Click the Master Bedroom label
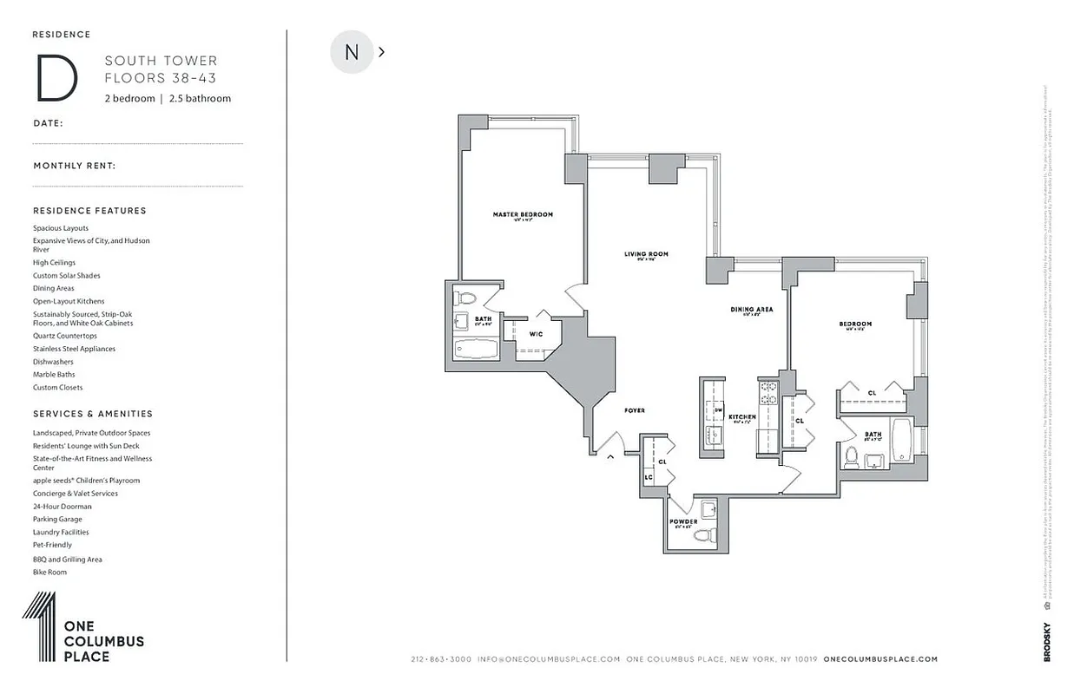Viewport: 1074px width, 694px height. [x=523, y=214]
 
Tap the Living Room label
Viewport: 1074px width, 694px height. [x=646, y=254]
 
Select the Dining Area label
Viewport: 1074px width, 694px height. [x=751, y=309]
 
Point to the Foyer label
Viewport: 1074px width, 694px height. [x=634, y=410]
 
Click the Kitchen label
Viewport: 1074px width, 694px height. [x=742, y=417]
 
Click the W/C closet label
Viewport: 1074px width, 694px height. [x=536, y=334]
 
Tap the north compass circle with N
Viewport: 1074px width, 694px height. [x=352, y=52]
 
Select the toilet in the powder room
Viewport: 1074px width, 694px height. [x=705, y=534]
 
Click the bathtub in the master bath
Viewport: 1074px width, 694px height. [x=476, y=350]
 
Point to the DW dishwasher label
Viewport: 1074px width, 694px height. [x=719, y=409]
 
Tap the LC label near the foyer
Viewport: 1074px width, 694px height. [x=648, y=477]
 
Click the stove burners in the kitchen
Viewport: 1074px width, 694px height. [x=768, y=394]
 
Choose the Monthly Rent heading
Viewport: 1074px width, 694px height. [x=75, y=165]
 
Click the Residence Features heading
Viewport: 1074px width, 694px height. [x=89, y=211]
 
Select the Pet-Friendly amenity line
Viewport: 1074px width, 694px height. [x=53, y=545]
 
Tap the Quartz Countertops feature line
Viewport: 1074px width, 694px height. [x=65, y=336]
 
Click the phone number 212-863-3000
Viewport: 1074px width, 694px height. [x=441, y=659]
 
